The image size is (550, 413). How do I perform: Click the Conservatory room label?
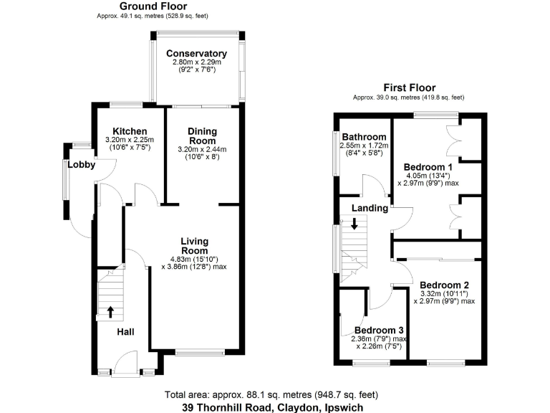pyautogui.click(x=196, y=54)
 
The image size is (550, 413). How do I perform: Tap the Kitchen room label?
pyautogui.click(x=125, y=131)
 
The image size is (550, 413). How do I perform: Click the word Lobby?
pyautogui.click(x=82, y=165)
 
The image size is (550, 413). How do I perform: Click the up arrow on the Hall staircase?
pyautogui.click(x=110, y=312)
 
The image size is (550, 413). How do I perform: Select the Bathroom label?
pyautogui.click(x=364, y=137)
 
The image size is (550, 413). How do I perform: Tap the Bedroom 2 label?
pyautogui.click(x=444, y=284)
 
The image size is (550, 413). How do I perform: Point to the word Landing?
pyautogui.click(x=370, y=209)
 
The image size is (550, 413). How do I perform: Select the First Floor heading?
pyautogui.click(x=409, y=88)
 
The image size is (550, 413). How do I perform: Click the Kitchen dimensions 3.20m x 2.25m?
pyautogui.click(x=125, y=140)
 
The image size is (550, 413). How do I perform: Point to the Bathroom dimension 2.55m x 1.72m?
pyautogui.click(x=364, y=146)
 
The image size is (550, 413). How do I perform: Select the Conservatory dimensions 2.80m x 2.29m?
pyautogui.click(x=196, y=63)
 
